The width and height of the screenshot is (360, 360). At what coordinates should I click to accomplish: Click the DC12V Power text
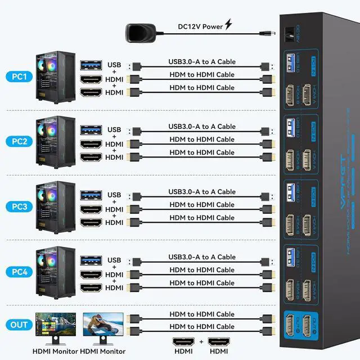200,25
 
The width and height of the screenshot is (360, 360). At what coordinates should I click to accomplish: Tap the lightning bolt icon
228,24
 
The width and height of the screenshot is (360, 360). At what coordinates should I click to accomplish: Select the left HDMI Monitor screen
56,326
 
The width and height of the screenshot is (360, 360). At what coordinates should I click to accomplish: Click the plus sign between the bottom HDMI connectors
201,342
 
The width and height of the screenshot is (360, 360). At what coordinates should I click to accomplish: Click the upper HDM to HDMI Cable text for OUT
202,314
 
